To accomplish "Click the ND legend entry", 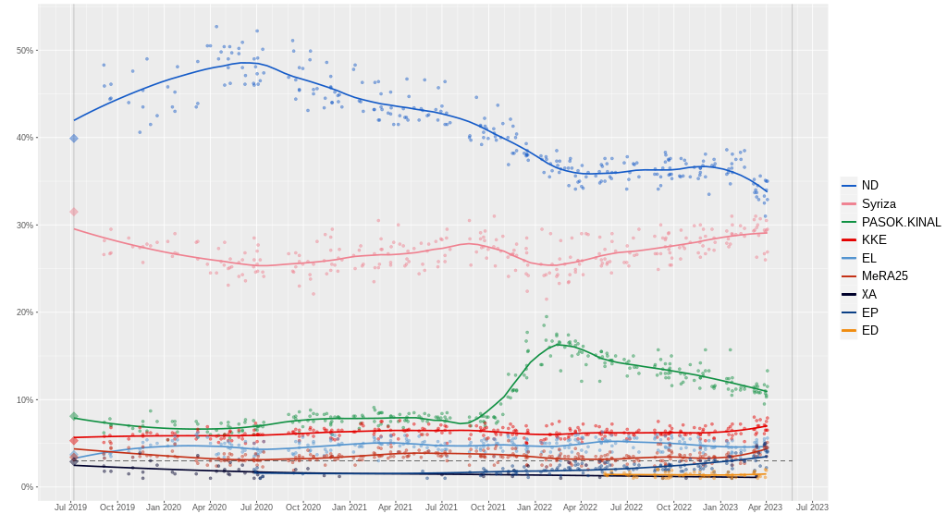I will (x=869, y=186).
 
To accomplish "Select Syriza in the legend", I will (x=878, y=203).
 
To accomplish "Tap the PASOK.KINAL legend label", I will (x=901, y=222).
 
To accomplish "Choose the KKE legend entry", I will (x=874, y=239).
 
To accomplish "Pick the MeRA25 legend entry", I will (x=884, y=275).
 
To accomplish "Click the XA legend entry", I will (x=868, y=294).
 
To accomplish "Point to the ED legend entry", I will (x=869, y=330).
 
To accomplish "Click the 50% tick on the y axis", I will (x=24, y=51).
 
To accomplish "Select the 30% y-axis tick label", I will (x=24, y=226).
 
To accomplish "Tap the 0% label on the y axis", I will (x=27, y=487).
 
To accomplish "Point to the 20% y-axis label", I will (x=24, y=312).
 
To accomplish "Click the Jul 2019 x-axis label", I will (x=71, y=507).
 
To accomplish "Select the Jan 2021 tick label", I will (x=350, y=507).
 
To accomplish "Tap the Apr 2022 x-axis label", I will (x=580, y=507).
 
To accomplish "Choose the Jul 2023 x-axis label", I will (x=812, y=507).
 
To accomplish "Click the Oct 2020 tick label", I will (x=302, y=507).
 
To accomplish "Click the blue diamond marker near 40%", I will (x=74, y=139).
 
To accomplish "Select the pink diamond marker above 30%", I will (x=74, y=212).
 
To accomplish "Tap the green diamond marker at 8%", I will (x=74, y=416).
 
